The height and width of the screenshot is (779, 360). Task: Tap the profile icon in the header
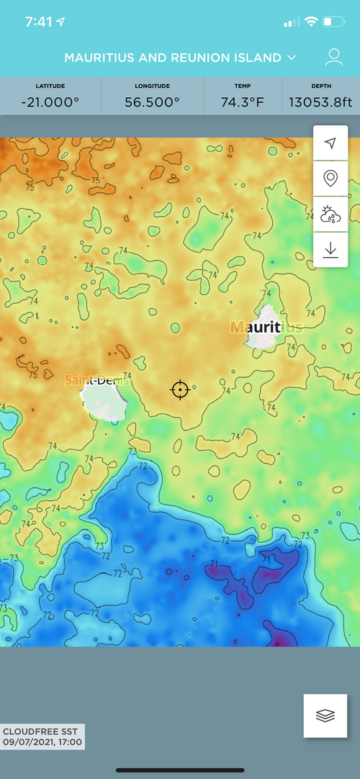[333, 57]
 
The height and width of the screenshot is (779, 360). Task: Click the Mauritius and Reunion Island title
[174, 57]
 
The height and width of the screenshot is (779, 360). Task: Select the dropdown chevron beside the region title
[292, 57]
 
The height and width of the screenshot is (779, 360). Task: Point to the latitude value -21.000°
[50, 102]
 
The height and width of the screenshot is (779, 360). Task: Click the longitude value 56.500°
[152, 102]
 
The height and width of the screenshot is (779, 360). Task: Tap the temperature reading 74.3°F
[243, 102]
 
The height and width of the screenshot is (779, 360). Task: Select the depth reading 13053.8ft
[320, 102]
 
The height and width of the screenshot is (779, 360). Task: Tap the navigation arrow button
[330, 143]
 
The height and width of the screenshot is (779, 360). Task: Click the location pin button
[330, 178]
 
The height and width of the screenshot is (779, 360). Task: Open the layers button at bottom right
[325, 716]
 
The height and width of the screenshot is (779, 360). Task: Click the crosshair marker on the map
[180, 389]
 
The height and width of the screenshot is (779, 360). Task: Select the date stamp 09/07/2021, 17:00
[42, 742]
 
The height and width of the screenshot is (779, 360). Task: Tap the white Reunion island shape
[104, 400]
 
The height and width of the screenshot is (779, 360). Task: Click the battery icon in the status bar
[332, 22]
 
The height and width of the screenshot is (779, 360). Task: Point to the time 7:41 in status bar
[38, 22]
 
